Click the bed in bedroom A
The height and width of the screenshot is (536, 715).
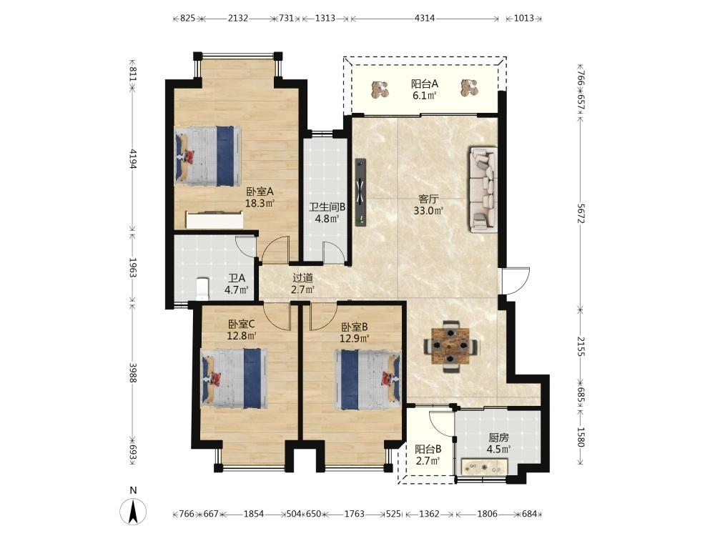tap(207, 155)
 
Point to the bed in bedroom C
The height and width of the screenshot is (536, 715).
tap(235, 378)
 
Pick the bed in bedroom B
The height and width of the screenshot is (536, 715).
tap(368, 379)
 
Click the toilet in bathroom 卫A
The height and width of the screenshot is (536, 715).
tap(202, 289)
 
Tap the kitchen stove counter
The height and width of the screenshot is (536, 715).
tap(484, 466)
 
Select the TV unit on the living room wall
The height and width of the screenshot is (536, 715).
tap(360, 192)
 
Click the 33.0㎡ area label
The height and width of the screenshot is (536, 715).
tap(428, 211)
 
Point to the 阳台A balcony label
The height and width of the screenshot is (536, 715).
tap(425, 84)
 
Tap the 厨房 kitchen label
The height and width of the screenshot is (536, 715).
tap(498, 437)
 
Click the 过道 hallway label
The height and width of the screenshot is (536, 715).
tap(302, 277)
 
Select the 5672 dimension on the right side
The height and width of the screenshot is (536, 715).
tap(581, 213)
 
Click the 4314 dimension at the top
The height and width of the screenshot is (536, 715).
tap(425, 19)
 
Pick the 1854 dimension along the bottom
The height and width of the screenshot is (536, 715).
tap(254, 514)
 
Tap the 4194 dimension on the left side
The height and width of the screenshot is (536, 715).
tap(133, 159)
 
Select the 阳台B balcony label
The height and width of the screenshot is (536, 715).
tap(428, 449)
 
